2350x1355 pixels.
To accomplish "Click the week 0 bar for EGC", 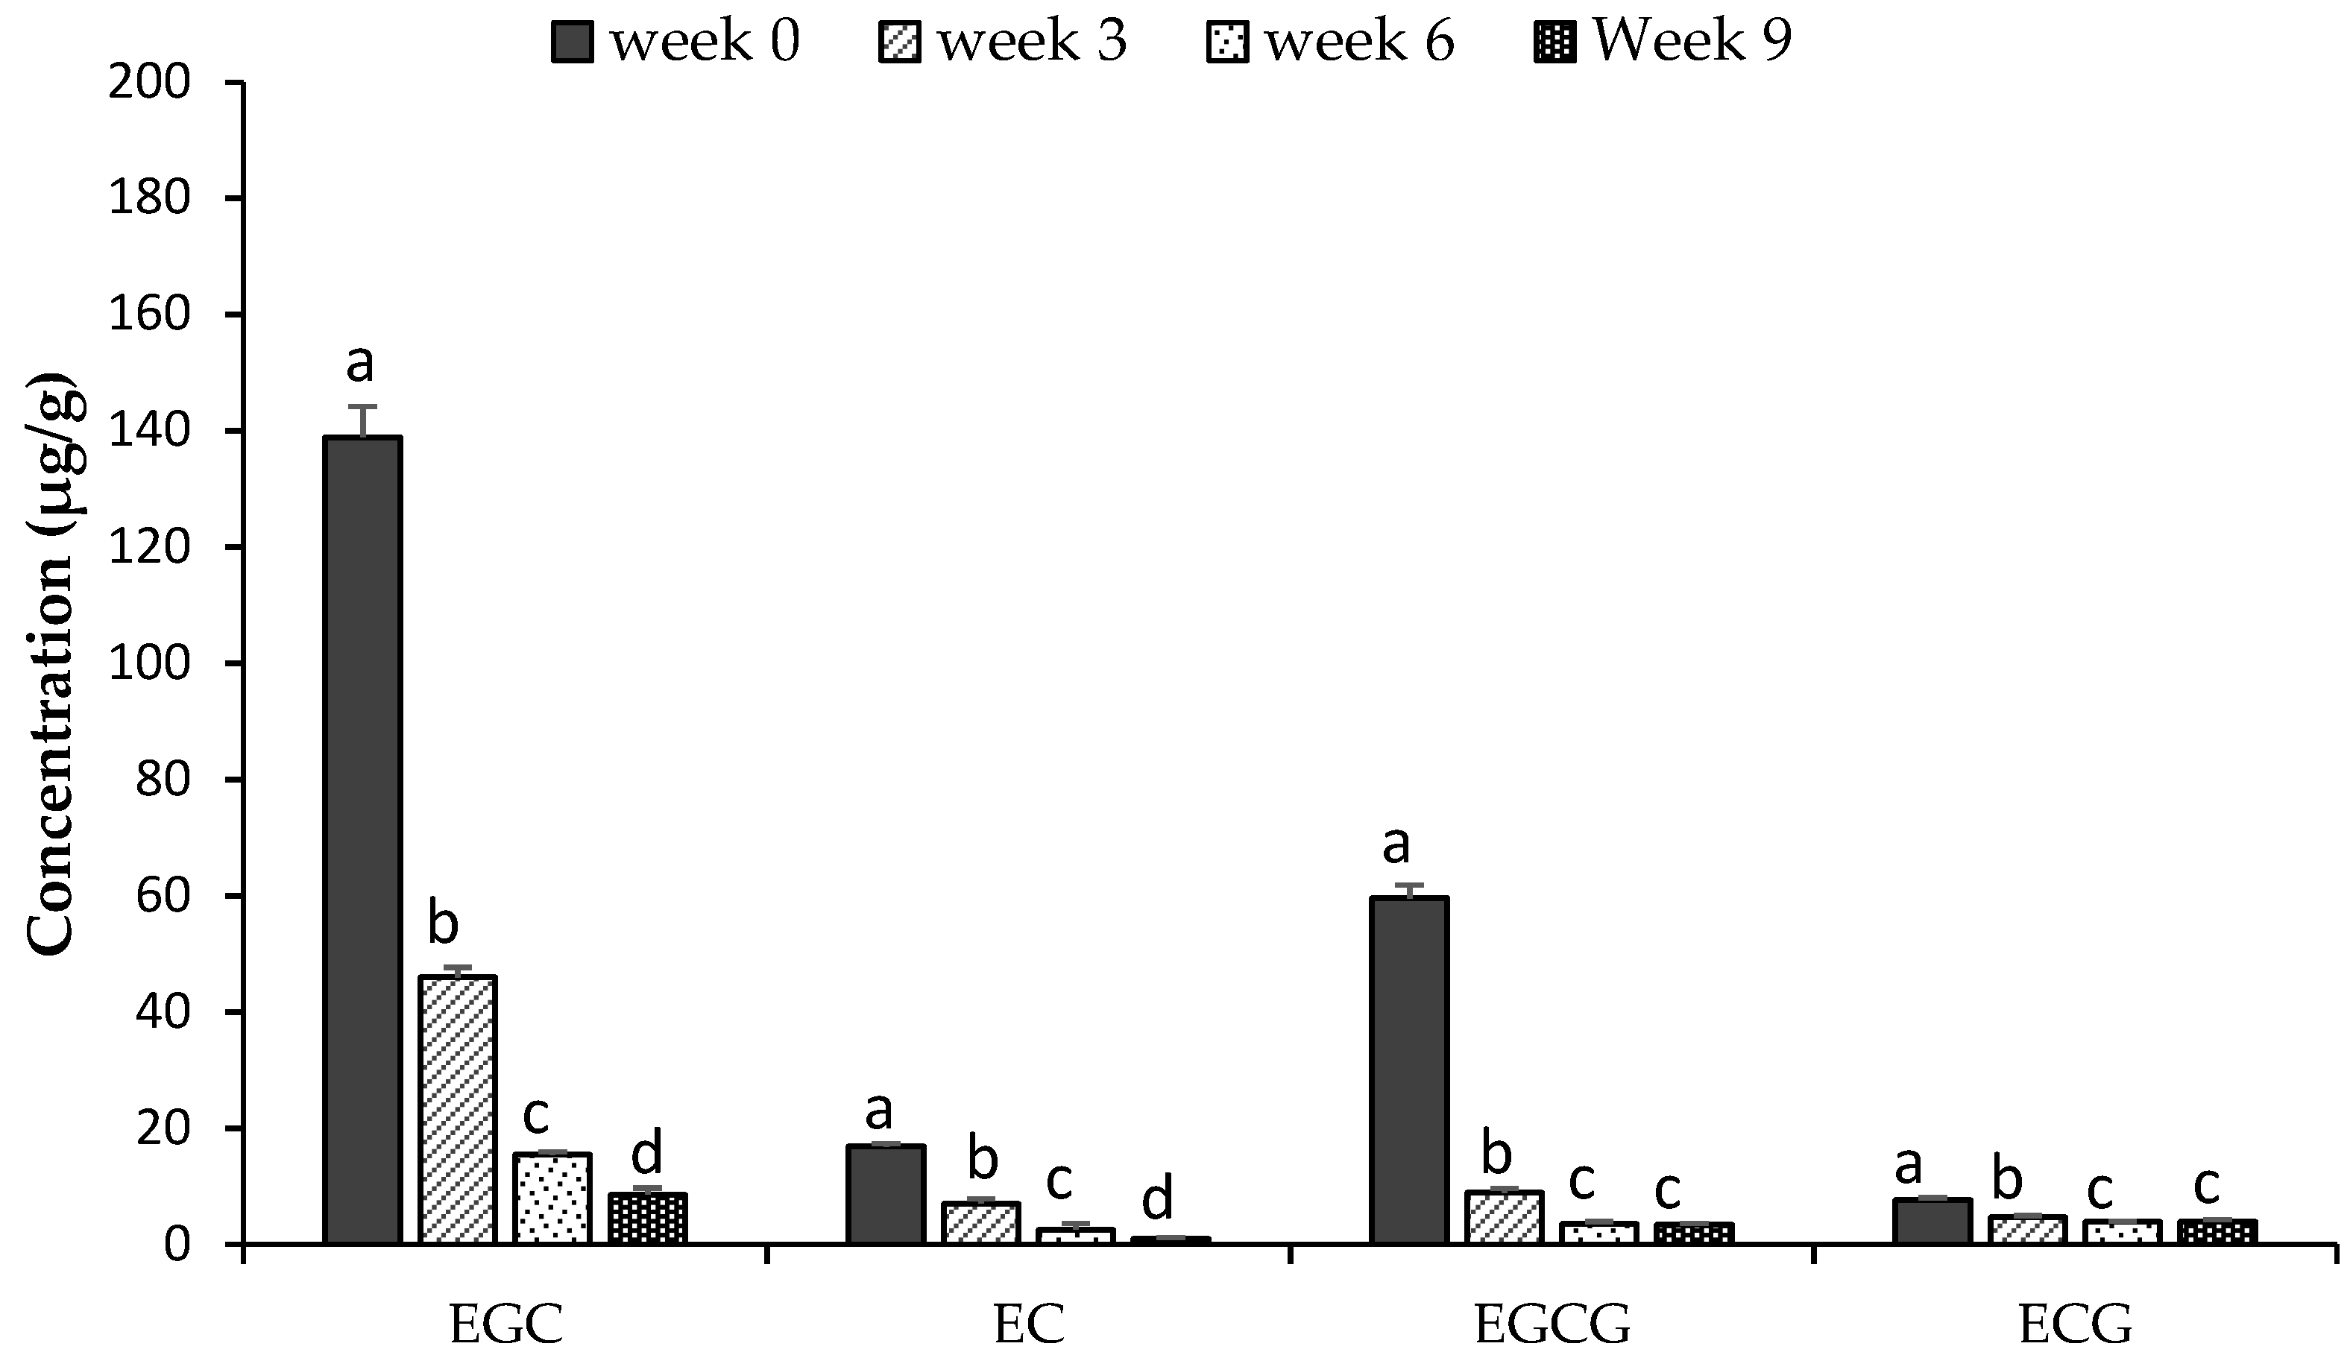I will [362, 838].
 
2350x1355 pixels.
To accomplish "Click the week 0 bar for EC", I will [885, 1194].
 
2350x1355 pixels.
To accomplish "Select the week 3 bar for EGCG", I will [1504, 1217].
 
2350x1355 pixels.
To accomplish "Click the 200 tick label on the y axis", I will [149, 83].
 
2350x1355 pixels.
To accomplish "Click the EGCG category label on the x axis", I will [1552, 1324].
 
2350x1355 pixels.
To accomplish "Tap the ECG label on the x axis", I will [2074, 1324].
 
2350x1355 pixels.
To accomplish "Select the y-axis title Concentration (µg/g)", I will [51, 663].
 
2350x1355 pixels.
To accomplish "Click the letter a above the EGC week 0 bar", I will [359, 363].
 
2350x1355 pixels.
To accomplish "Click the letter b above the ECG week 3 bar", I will [2006, 1180].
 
